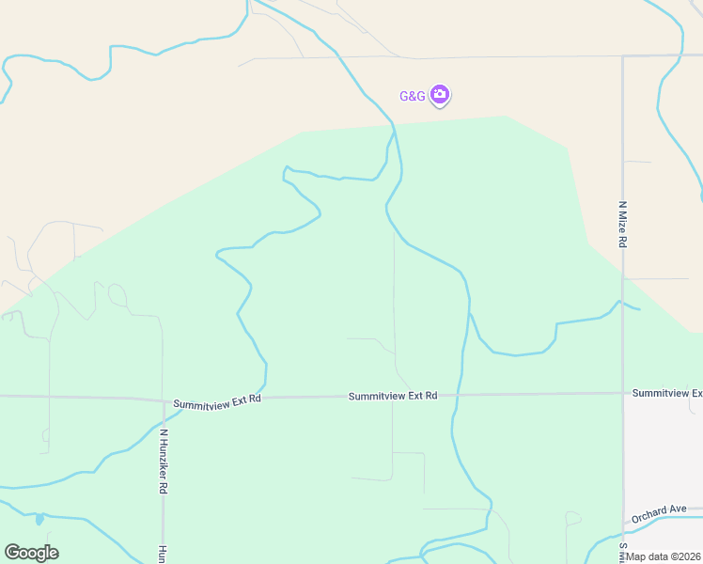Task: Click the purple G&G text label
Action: tap(413, 96)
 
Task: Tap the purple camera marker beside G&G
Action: tap(440, 94)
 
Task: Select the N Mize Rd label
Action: tap(622, 223)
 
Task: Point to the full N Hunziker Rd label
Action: tap(164, 462)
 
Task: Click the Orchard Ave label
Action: tap(658, 513)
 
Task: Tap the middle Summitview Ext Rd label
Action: tap(393, 396)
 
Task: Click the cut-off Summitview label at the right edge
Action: tap(667, 392)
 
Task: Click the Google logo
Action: tap(31, 552)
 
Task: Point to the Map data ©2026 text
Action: tap(664, 556)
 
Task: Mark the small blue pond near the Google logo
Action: tap(39, 519)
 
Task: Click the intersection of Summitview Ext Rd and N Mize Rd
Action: tap(623, 393)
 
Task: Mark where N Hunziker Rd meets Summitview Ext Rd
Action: tap(163, 399)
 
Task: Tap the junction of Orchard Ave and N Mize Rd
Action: tap(623, 523)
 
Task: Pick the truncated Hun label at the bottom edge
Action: tap(163, 554)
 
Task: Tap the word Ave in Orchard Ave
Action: tap(677, 509)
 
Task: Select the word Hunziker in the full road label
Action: tap(164, 465)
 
